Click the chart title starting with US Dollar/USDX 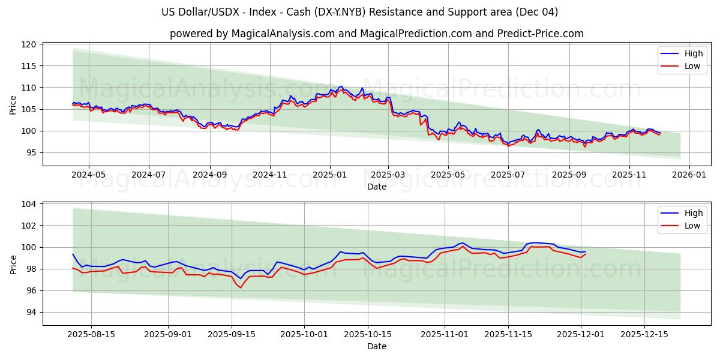pyautogui.click(x=360, y=12)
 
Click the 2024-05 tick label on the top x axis pyautogui.click(x=89, y=175)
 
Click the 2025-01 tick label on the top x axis pyautogui.click(x=329, y=175)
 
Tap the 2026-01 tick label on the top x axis pyautogui.click(x=689, y=175)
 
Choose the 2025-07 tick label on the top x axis pyautogui.click(x=508, y=175)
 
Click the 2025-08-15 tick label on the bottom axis pyautogui.click(x=91, y=335)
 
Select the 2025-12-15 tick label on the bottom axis pyautogui.click(x=644, y=335)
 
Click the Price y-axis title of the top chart pyautogui.click(x=13, y=104)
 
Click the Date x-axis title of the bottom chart pyautogui.click(x=376, y=346)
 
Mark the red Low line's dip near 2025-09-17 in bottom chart pyautogui.click(x=241, y=288)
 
